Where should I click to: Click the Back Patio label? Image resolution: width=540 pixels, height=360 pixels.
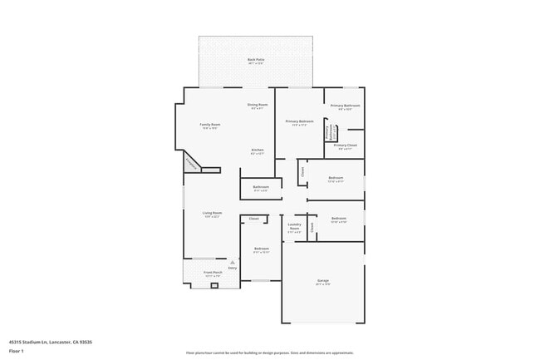256,60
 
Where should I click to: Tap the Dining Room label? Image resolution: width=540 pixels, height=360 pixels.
258,105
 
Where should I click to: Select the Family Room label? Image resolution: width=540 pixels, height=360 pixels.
209,125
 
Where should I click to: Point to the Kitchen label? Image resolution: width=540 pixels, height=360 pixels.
258,150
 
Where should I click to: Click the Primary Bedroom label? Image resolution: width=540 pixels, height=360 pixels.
299,122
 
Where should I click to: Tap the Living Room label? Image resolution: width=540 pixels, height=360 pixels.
212,213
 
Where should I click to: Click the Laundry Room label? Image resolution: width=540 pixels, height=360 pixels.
294,225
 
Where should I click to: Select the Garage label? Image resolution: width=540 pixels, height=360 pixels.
322,281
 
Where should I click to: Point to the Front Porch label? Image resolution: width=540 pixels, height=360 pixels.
213,273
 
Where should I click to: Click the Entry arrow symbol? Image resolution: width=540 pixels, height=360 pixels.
233,262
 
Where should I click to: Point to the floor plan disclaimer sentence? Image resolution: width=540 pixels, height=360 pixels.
269,353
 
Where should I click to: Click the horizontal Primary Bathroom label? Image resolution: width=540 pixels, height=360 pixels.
344,106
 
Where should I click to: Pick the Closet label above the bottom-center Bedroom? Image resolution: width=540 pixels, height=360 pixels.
254,219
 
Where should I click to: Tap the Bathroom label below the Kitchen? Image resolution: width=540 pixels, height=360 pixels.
261,187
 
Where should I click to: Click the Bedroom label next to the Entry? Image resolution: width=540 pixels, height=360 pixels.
261,249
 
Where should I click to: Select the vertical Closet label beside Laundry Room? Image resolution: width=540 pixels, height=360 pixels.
312,226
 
